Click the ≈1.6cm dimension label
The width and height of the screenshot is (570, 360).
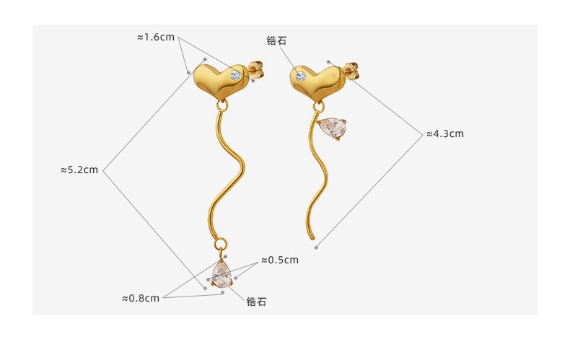pyautogui.click(x=156, y=37)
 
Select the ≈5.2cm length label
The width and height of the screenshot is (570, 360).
pyautogui.click(x=79, y=170)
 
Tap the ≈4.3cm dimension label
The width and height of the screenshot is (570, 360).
pyautogui.click(x=444, y=133)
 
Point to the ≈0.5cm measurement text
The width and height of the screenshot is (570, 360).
pyautogui.click(x=280, y=260)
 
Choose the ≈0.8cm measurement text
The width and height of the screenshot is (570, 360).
pyautogui.click(x=141, y=298)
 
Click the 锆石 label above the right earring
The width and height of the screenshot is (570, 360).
pyautogui.click(x=276, y=40)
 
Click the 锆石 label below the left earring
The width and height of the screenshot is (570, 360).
pyautogui.click(x=256, y=302)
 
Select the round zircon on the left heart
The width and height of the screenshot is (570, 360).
pyautogui.click(x=235, y=74)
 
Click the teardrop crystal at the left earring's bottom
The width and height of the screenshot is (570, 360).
pyautogui.click(x=220, y=275)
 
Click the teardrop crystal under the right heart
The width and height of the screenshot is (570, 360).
pyautogui.click(x=333, y=129)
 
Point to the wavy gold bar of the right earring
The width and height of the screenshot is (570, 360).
pyautogui.click(x=320, y=173)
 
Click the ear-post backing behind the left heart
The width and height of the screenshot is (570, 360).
pyautogui.click(x=256, y=70)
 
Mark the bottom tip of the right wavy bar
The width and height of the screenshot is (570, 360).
pyautogui.click(x=312, y=239)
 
